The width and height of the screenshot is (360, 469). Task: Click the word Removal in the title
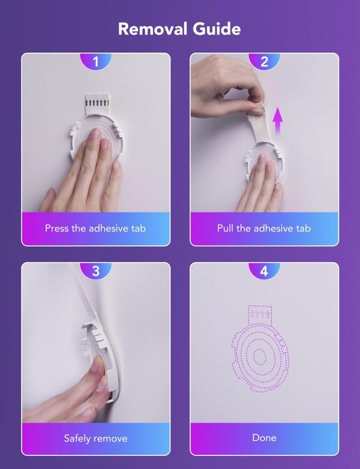[x=153, y=29]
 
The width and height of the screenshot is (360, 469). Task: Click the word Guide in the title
[x=217, y=29]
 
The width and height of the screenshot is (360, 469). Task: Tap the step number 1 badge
[x=96, y=62]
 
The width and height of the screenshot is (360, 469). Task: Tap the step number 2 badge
[x=264, y=62]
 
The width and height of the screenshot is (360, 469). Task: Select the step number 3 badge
[x=96, y=271]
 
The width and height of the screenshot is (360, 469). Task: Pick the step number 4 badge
[x=264, y=271]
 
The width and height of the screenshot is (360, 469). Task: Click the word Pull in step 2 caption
[x=225, y=229]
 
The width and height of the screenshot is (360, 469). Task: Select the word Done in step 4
[x=264, y=438]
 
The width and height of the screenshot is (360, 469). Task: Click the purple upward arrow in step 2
[x=278, y=121]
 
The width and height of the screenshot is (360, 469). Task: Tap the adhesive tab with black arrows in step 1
[x=97, y=104]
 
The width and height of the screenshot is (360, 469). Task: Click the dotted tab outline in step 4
[x=260, y=314]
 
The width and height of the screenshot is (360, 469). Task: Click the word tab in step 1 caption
[x=139, y=229]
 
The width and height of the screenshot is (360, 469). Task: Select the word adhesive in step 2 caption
[x=271, y=229]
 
